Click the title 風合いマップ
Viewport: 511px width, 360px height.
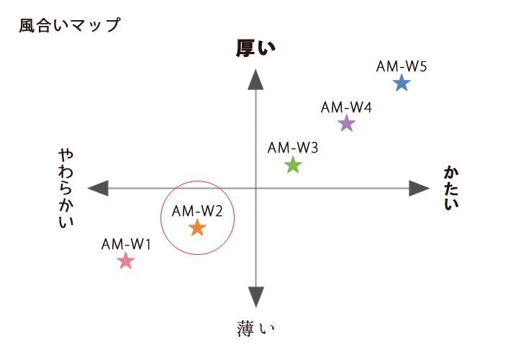pyautogui.click(x=70, y=25)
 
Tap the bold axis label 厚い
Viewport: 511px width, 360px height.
pyautogui.click(x=256, y=48)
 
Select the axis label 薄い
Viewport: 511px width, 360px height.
pyautogui.click(x=256, y=328)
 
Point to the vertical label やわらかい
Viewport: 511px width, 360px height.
pyautogui.click(x=66, y=189)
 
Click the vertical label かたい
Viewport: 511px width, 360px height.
pyautogui.click(x=451, y=188)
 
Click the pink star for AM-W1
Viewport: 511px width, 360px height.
pyautogui.click(x=125, y=261)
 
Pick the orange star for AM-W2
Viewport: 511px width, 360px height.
pyautogui.click(x=197, y=228)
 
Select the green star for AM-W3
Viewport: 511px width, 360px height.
pyautogui.click(x=293, y=165)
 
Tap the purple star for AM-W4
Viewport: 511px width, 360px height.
pyautogui.click(x=346, y=123)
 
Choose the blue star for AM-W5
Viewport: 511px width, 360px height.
pyautogui.click(x=402, y=83)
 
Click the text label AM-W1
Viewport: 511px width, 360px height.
pyautogui.click(x=126, y=244)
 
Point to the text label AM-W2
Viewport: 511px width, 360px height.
pyautogui.click(x=197, y=211)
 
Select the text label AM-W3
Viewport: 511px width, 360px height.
pyautogui.click(x=293, y=148)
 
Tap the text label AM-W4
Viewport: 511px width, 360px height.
pyautogui.click(x=346, y=107)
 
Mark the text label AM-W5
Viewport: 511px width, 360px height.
pyautogui.click(x=401, y=66)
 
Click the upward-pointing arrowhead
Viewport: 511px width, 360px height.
pyautogui.click(x=256, y=79)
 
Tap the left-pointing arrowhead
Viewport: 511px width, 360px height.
pyautogui.click(x=98, y=188)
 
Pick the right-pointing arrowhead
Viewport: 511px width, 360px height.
pyautogui.click(x=420, y=188)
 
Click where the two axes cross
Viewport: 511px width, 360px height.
pyautogui.click(x=256, y=188)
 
